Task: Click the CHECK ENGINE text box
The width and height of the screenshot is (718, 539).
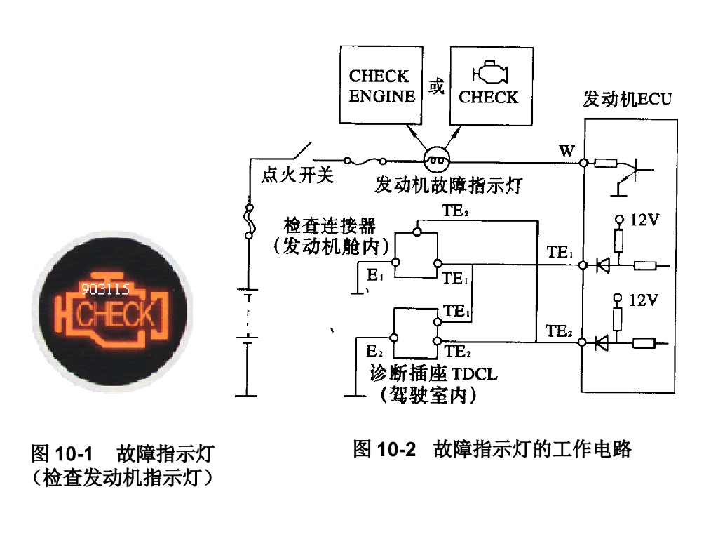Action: click(381, 85)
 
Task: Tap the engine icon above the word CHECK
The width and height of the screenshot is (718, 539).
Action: click(490, 72)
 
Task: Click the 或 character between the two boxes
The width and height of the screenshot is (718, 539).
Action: click(436, 86)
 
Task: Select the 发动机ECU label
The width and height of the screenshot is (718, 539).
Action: click(627, 99)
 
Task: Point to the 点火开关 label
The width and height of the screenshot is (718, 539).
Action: click(297, 175)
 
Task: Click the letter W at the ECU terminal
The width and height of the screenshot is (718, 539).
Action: click(567, 151)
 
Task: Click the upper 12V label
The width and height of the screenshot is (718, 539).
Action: click(644, 220)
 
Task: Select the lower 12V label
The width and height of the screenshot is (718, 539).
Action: click(644, 300)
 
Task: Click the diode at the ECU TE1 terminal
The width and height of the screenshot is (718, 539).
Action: click(602, 265)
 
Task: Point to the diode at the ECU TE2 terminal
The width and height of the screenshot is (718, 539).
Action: click(602, 342)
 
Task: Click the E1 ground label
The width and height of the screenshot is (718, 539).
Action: click(375, 274)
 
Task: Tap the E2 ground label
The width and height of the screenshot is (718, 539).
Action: click(374, 351)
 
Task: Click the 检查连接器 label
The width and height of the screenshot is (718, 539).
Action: click(330, 225)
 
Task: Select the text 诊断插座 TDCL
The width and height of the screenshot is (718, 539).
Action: click(433, 373)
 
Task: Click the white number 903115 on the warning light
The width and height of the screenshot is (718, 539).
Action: click(105, 288)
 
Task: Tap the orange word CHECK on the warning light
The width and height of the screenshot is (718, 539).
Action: click(114, 315)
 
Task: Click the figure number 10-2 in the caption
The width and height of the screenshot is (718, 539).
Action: click(397, 449)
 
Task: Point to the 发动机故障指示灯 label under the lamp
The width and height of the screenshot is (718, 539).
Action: click(448, 185)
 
